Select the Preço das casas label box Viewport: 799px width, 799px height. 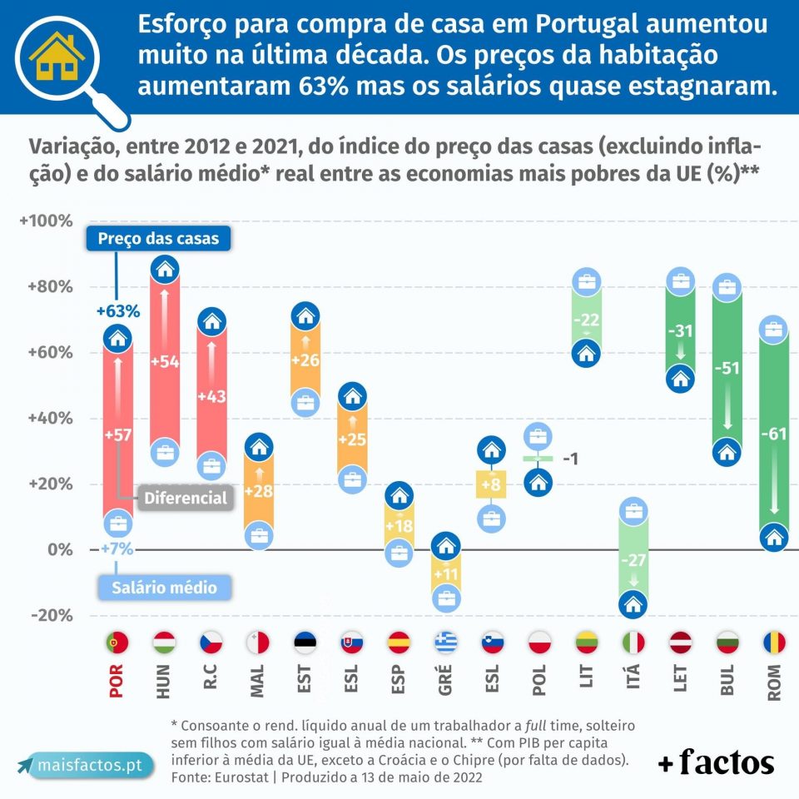[158, 239]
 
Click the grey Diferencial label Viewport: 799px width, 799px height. [185, 498]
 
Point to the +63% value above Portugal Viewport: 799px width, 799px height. [118, 311]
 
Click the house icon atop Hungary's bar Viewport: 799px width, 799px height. [166, 269]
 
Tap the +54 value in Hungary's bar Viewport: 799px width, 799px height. [165, 361]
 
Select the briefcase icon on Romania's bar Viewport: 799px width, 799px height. [773, 330]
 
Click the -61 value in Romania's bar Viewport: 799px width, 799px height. [773, 433]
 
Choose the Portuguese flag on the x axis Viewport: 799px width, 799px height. [118, 643]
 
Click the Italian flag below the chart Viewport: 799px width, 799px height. [633, 643]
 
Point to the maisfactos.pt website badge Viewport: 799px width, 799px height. [85, 764]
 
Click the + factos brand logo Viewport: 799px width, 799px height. [716, 762]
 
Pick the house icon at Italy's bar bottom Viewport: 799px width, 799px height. [633, 604]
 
